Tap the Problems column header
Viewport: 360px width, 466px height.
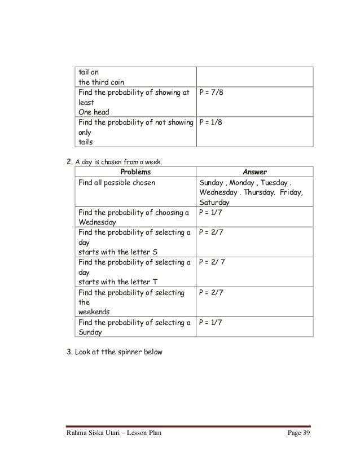[x=134, y=172]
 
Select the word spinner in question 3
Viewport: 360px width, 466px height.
[x=143, y=353]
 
